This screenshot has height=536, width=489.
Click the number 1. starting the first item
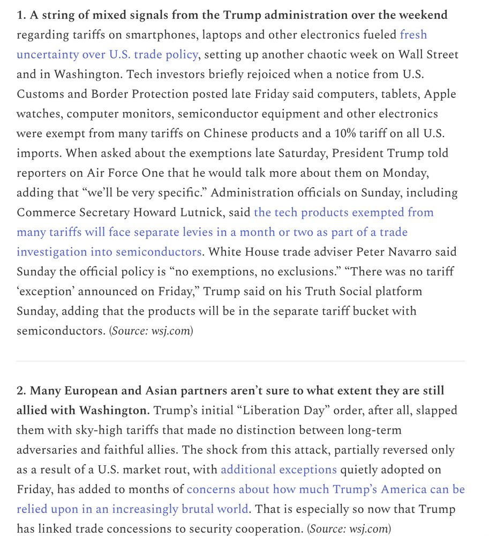21,15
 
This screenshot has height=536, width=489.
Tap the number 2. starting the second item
21,391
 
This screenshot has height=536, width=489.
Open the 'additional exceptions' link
279,470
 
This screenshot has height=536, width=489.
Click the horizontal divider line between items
240,361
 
